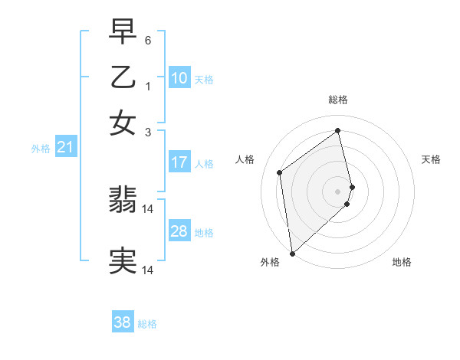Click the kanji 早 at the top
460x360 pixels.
[x=123, y=32]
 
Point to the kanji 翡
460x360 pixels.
[x=123, y=201]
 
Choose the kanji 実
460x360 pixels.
[x=123, y=260]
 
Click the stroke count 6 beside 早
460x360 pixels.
[x=148, y=39]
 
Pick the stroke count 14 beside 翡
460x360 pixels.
[x=149, y=208]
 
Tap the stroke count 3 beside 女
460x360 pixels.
[x=148, y=132]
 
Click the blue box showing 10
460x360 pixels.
[x=179, y=78]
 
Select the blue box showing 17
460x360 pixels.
[x=179, y=162]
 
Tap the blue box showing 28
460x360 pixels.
[x=179, y=231]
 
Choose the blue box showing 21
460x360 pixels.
[x=64, y=148]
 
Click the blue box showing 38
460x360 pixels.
[x=122, y=323]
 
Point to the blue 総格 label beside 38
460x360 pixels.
[x=147, y=324]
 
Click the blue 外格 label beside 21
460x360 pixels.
[x=41, y=149]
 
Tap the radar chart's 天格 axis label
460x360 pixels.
[x=431, y=159]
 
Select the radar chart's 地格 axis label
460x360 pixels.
[x=402, y=262]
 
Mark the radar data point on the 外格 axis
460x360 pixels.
[x=291, y=253]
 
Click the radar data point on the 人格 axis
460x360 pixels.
[x=280, y=172]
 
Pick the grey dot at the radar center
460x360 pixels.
[x=338, y=191]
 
